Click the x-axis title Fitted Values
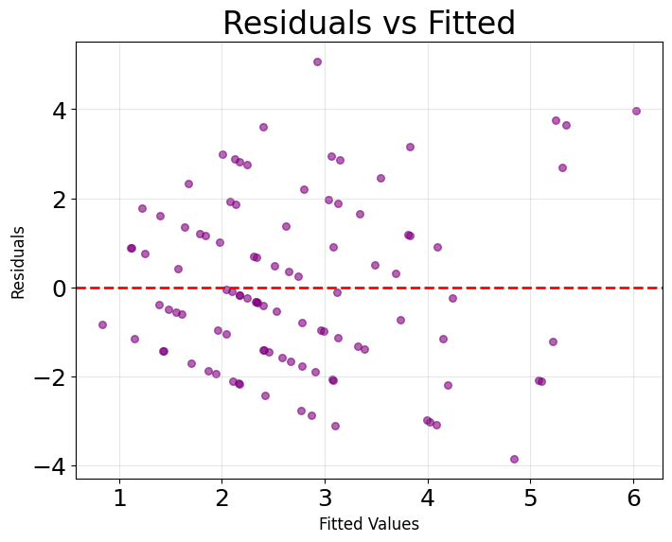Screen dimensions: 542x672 369,523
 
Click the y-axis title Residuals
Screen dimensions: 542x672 19,262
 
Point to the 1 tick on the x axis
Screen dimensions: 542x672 119,498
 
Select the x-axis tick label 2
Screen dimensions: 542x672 222,498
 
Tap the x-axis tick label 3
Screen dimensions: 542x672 325,498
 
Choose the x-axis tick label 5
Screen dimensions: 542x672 531,498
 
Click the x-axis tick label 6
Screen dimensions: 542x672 633,498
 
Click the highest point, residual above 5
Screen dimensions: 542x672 317,61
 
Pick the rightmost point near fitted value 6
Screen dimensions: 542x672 636,111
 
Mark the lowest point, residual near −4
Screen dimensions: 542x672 514,459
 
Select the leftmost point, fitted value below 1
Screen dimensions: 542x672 102,324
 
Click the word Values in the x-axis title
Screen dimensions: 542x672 396,523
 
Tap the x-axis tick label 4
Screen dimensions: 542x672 428,498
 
